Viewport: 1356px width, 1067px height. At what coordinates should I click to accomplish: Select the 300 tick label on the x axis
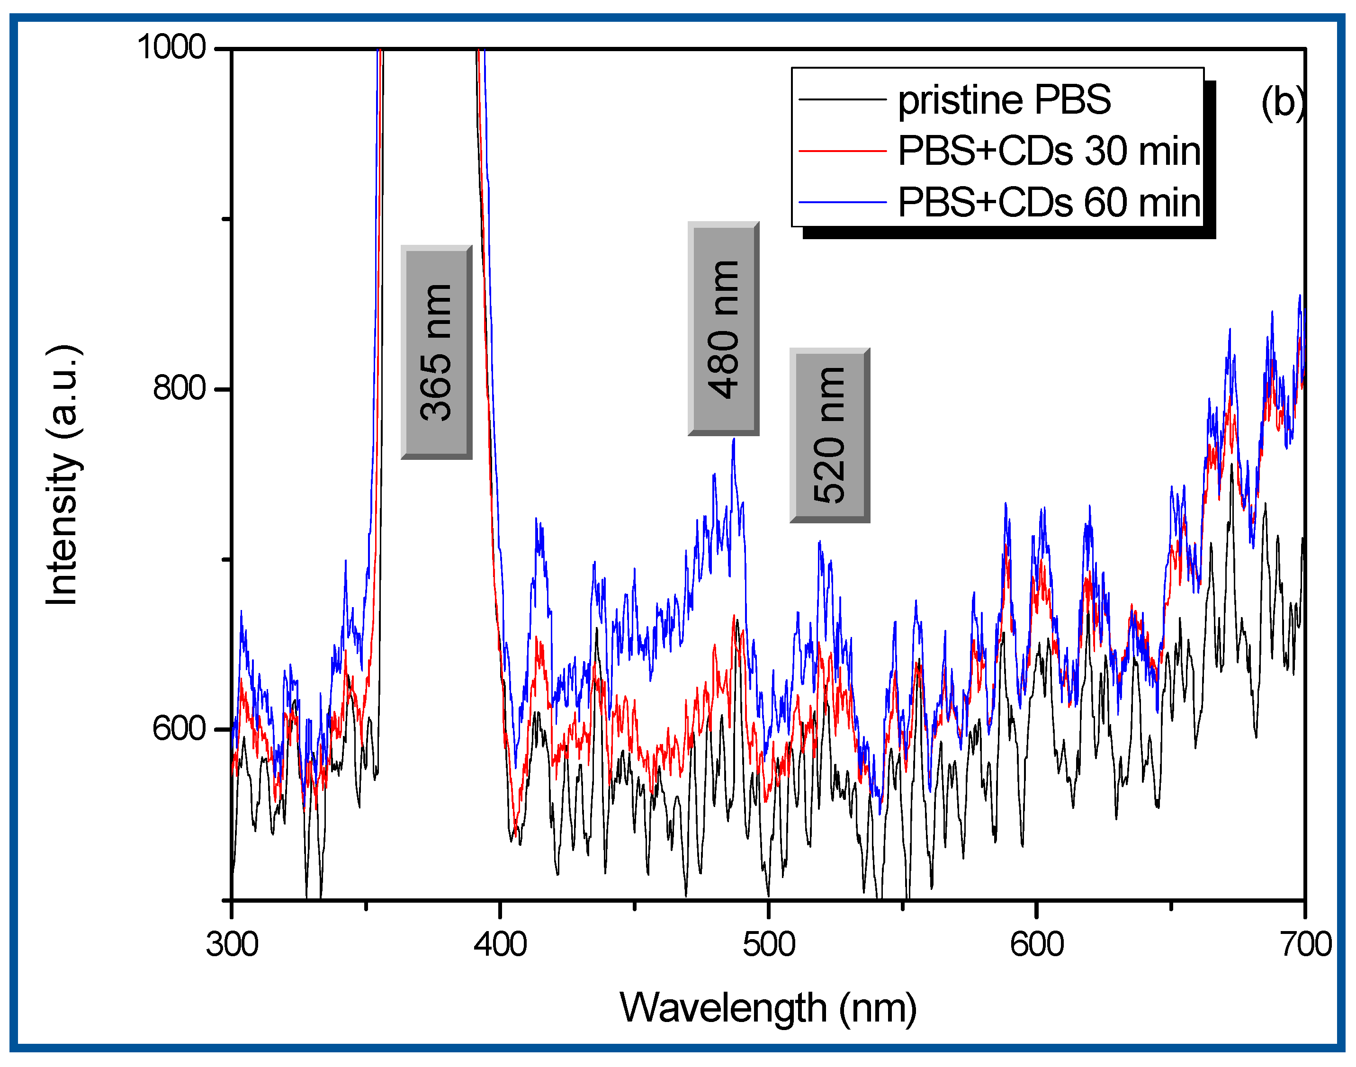click(232, 944)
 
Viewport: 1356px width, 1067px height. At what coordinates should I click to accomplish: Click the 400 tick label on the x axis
click(500, 944)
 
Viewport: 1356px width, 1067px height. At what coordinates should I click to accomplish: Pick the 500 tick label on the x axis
click(768, 944)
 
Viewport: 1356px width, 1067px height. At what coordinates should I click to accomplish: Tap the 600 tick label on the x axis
click(1036, 944)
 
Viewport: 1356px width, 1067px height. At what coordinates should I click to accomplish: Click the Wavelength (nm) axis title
click(768, 1008)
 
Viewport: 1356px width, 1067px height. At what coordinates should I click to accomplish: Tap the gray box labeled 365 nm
click(436, 352)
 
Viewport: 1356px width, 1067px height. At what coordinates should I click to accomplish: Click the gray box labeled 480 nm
click(723, 329)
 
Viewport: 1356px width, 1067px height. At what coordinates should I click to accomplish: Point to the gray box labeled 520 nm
click(829, 435)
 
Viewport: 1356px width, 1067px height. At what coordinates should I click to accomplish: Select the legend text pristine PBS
click(1004, 100)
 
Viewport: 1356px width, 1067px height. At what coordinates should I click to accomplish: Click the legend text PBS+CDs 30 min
click(1049, 151)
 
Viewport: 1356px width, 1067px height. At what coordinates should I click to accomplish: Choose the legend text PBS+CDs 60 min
click(1049, 202)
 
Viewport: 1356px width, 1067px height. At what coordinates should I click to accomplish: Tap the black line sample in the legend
click(842, 99)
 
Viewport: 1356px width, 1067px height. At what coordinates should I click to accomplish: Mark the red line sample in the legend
click(842, 151)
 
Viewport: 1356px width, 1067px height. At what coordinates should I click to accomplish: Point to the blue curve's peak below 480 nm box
click(733, 440)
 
